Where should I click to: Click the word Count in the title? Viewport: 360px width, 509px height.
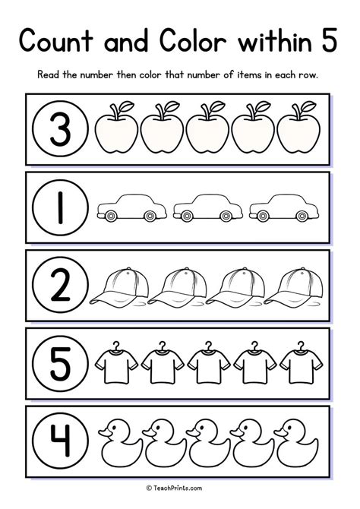point(65,40)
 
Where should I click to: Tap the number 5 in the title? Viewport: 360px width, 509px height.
point(327,40)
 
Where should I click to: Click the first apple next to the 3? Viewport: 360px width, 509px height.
point(115,130)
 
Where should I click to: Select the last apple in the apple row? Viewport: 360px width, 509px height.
point(298,130)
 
